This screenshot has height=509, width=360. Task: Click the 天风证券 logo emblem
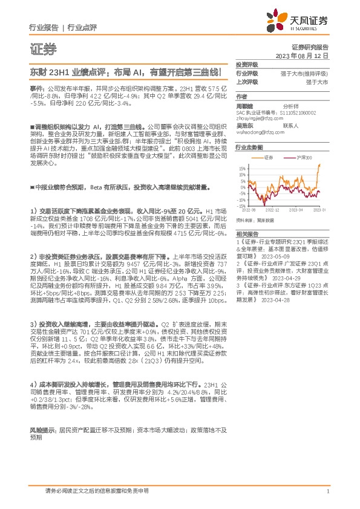tap(278, 21)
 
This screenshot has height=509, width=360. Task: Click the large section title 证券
tap(42, 49)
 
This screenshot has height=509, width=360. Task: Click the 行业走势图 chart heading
tap(249, 147)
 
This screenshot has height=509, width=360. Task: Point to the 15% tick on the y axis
tap(243, 168)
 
